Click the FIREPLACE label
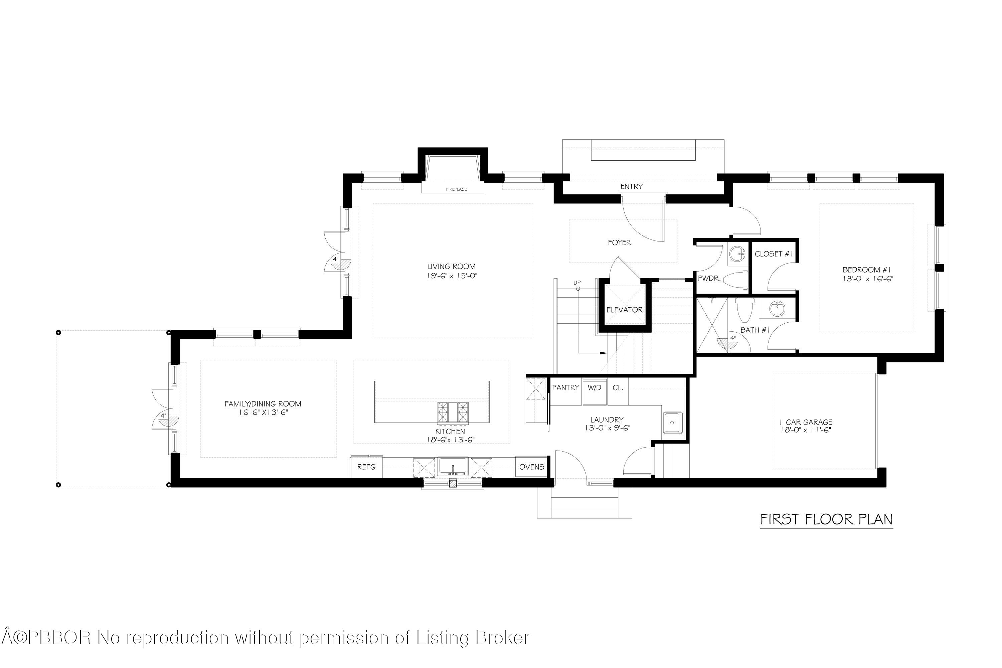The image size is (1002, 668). (x=456, y=189)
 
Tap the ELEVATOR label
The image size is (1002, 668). (x=625, y=310)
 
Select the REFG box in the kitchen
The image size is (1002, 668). (x=366, y=467)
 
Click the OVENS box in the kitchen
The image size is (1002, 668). (x=531, y=467)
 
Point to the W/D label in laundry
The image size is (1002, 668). (x=594, y=388)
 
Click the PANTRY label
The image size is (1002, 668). (x=565, y=388)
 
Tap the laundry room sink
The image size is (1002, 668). (x=672, y=423)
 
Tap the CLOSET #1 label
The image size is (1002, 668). (x=774, y=254)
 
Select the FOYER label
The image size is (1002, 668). (x=620, y=242)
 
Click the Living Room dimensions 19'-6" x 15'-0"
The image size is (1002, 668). (x=452, y=276)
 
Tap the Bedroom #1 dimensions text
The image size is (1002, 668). (x=868, y=279)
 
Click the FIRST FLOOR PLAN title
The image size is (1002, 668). (x=826, y=519)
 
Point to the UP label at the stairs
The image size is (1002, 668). (x=577, y=283)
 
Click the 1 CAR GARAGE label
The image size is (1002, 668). (x=806, y=422)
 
